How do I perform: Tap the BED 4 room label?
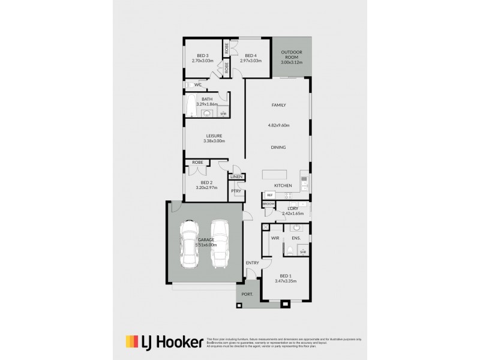tap(251, 56)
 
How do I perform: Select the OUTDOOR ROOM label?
tap(292, 53)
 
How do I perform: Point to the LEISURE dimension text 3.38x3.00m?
tap(214, 141)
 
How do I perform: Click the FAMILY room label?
tap(278, 105)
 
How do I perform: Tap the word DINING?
tap(278, 147)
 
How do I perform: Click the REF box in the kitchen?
tap(270, 195)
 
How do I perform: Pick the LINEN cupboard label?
tap(235, 177)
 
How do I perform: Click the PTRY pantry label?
tap(236, 191)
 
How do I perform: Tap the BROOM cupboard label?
tap(268, 205)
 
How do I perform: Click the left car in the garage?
tap(190, 244)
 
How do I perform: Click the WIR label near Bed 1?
tap(275, 238)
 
